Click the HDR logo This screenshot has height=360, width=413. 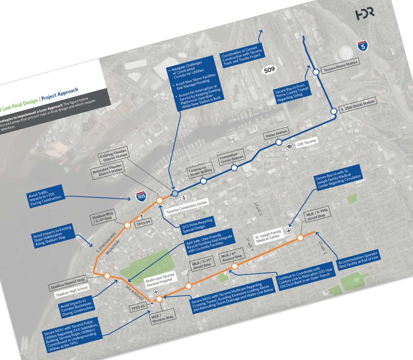point(364,14)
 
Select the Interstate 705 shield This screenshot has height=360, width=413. point(141,196)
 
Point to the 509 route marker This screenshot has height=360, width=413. point(269,70)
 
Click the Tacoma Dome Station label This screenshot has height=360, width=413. point(340,66)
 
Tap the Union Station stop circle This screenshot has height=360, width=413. point(279,142)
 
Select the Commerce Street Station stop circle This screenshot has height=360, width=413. point(203,181)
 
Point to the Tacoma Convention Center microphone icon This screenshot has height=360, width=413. point(184,198)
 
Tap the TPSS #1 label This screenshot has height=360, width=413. point(144,223)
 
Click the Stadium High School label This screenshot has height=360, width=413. point(72,291)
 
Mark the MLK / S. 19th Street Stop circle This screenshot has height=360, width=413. point(300,238)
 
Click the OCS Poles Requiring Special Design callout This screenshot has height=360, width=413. point(197,225)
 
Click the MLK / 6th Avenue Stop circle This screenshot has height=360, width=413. point(234,266)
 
